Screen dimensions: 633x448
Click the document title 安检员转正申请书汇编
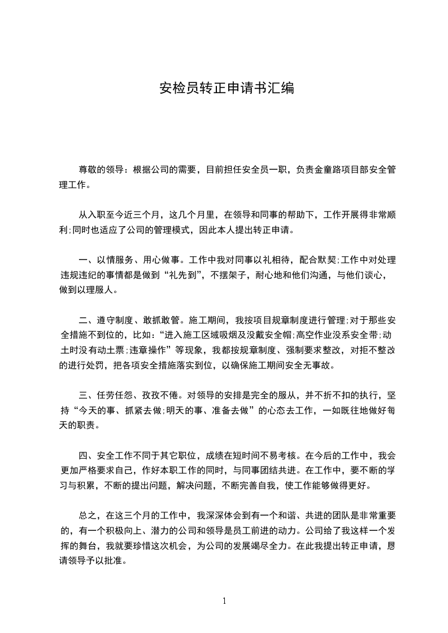click(x=227, y=89)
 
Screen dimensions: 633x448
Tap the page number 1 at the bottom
click(x=224, y=601)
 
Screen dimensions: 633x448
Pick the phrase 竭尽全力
click(x=290, y=546)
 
